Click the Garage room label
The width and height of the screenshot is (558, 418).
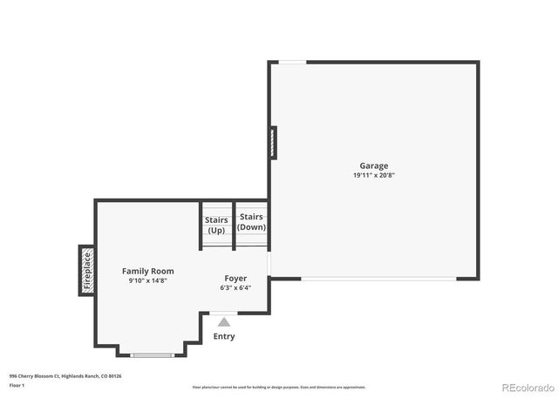(374, 165)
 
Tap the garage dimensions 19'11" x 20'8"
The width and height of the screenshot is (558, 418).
(374, 175)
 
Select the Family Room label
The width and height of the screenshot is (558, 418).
(147, 271)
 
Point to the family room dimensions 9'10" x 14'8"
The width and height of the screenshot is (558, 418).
(147, 280)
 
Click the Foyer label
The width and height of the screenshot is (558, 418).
(235, 278)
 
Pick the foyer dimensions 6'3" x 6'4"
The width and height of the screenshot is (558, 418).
(235, 287)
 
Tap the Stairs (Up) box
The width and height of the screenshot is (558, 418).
(216, 225)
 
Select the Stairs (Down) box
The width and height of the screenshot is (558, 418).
(252, 222)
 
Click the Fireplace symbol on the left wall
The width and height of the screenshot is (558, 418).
(87, 270)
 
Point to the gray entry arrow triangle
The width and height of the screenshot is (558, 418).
(224, 322)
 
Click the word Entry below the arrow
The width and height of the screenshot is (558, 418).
(224, 336)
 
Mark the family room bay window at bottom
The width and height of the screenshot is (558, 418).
(152, 354)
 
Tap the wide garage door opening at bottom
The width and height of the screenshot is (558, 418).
(378, 279)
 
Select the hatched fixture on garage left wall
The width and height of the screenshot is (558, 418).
(273, 143)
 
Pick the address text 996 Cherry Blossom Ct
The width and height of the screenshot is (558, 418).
(65, 375)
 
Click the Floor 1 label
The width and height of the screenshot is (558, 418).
(17, 385)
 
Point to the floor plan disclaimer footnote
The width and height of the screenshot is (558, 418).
(279, 387)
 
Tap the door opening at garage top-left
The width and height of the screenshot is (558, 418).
(292, 62)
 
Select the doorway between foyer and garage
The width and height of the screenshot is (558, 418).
(269, 264)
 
